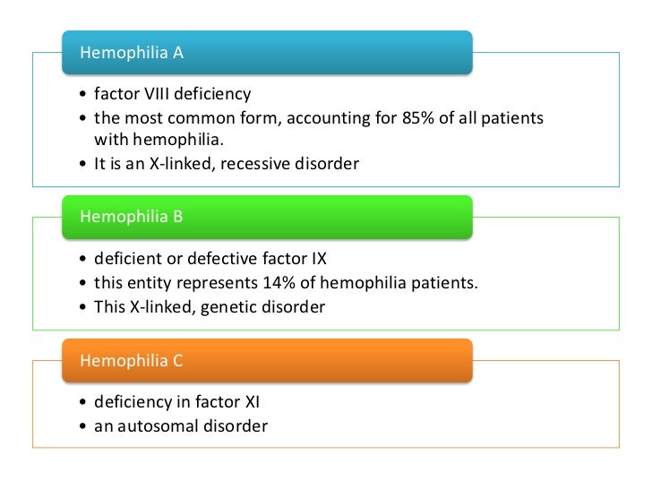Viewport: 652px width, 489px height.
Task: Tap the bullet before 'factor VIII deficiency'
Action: point(83,95)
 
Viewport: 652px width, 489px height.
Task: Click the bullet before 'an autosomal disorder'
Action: point(83,427)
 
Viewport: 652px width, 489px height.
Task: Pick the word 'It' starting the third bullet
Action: point(101,164)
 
